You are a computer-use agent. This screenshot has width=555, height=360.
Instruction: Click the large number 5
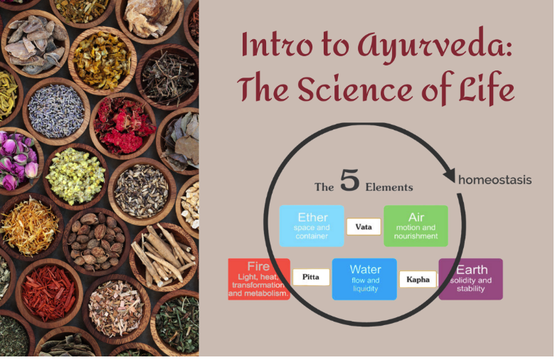click(349, 181)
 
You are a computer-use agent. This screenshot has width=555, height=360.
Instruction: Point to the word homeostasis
click(495, 179)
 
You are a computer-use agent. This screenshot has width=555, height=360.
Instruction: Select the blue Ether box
click(312, 226)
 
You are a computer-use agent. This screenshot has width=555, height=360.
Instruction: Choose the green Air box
click(416, 226)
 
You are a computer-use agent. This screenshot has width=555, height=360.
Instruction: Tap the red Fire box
click(259, 279)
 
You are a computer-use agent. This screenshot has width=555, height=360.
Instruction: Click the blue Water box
click(364, 279)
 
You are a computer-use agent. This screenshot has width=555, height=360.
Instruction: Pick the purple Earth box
click(470, 279)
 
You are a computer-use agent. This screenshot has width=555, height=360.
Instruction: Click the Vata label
click(364, 226)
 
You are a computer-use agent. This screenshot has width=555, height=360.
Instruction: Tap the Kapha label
click(418, 279)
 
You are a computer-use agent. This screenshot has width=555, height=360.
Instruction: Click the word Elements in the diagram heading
click(388, 187)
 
